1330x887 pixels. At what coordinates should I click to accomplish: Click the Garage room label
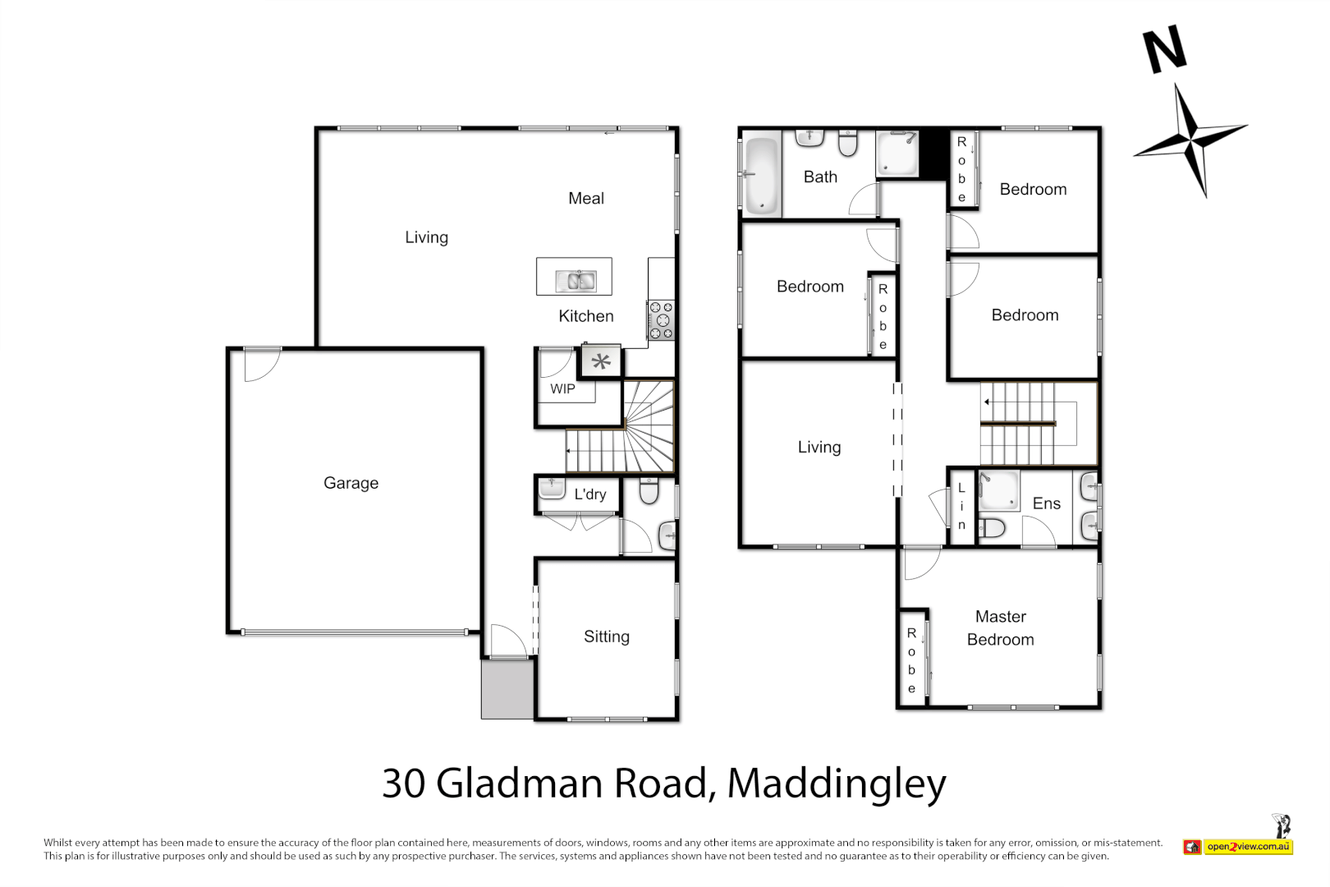point(351,483)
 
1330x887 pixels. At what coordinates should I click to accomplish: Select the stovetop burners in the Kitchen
point(661,320)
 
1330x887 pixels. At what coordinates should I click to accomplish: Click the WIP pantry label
point(562,389)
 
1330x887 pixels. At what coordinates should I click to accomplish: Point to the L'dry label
point(590,494)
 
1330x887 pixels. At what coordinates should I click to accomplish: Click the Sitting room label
point(606,637)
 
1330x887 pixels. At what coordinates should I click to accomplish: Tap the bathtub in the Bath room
point(761,175)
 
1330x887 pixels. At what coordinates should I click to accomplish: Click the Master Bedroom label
point(1000,628)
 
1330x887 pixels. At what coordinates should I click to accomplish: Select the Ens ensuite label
point(1046,503)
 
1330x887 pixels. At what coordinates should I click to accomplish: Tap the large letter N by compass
point(1165,48)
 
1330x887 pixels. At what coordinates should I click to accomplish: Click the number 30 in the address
point(403,784)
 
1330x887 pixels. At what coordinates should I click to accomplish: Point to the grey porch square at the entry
point(507,689)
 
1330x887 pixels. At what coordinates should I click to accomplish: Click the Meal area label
point(585,198)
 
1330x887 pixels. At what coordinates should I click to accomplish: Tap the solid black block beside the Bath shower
point(933,154)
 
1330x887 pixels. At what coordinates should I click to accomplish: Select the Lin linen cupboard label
point(961,506)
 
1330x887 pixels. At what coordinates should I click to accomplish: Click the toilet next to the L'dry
point(649,492)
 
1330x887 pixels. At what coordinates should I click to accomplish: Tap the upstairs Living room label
point(819,447)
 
